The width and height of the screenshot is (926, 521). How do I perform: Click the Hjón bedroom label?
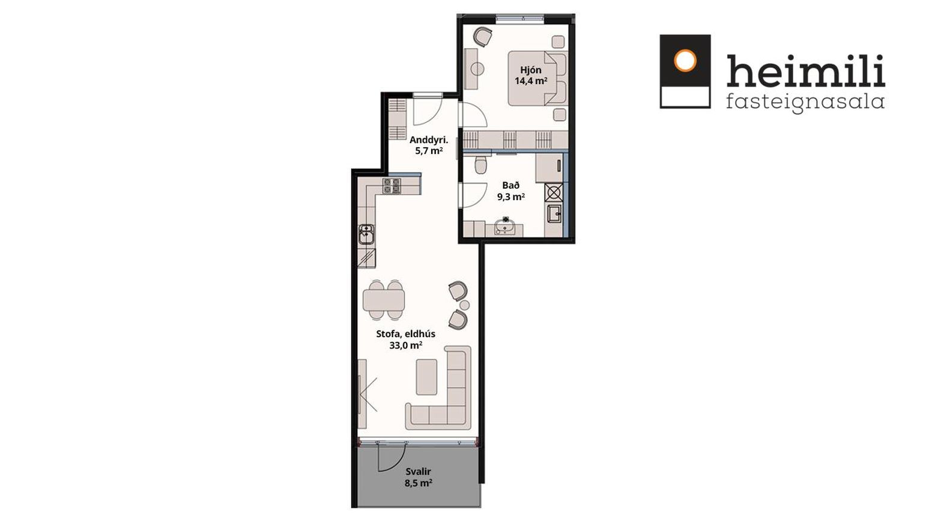click(x=531, y=70)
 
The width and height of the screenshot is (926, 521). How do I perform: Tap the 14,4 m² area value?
click(x=531, y=81)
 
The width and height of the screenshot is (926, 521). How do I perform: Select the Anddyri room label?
click(x=429, y=140)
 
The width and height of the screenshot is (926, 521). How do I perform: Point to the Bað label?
click(x=511, y=186)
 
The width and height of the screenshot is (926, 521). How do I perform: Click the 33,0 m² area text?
click(x=406, y=345)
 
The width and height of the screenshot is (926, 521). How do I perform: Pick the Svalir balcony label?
click(x=419, y=471)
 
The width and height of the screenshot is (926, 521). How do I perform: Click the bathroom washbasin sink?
click(x=505, y=226)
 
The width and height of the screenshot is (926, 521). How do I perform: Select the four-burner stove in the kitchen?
click(x=392, y=186)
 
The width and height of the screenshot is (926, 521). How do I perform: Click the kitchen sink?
click(x=366, y=234)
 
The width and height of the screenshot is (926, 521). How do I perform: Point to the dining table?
click(x=384, y=300)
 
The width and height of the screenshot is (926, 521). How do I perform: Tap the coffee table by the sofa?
click(x=426, y=377)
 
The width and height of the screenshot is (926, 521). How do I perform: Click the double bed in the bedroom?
click(x=537, y=78)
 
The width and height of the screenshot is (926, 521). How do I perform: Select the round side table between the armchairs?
click(x=465, y=305)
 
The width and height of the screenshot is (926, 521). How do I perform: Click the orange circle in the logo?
click(x=685, y=61)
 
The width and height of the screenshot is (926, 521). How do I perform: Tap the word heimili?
click(x=806, y=70)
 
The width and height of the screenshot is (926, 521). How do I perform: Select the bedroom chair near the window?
click(x=482, y=37)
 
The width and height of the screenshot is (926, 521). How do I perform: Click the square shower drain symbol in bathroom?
click(x=554, y=192)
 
